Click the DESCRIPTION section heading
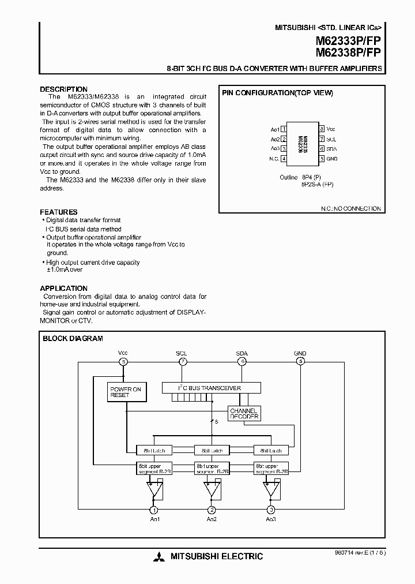coord(64,89)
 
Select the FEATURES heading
coord(58,212)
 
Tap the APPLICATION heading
coord(63,288)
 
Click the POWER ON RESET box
coord(126,392)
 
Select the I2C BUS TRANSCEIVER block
coord(210,388)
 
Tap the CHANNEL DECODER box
coord(244,413)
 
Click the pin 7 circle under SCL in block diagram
coord(182,362)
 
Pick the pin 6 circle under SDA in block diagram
coord(242,362)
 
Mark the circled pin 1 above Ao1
coord(153,510)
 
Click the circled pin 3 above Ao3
coord(271,510)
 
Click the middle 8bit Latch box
coord(212,450)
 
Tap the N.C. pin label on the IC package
coord(274,159)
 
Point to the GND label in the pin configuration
coord(332,159)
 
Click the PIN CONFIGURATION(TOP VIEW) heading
coord(277,93)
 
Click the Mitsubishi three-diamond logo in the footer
coord(159,557)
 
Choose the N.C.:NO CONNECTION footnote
coord(351,208)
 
